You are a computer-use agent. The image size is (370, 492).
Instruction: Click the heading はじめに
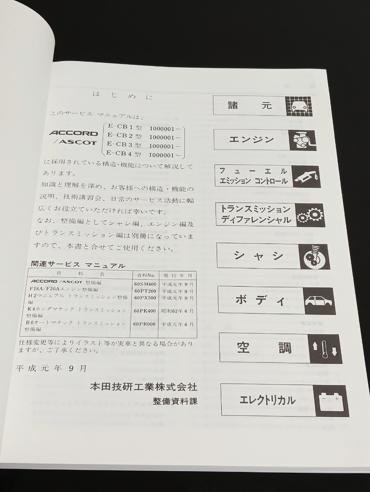[123, 97]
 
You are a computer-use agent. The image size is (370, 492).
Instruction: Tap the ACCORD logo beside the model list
[74, 133]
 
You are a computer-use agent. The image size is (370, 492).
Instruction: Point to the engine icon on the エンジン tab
[302, 141]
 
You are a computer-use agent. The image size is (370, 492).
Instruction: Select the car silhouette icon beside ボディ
[319, 301]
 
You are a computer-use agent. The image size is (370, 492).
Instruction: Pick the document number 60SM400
[145, 283]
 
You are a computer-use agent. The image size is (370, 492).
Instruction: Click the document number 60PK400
[145, 311]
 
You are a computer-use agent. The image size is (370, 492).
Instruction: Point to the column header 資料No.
[145, 274]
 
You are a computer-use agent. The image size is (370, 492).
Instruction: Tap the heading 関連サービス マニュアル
[78, 265]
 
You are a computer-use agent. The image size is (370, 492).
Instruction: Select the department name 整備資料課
[175, 401]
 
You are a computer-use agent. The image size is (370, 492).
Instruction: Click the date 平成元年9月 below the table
[51, 368]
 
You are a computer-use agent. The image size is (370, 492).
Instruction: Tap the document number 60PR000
[145, 324]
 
